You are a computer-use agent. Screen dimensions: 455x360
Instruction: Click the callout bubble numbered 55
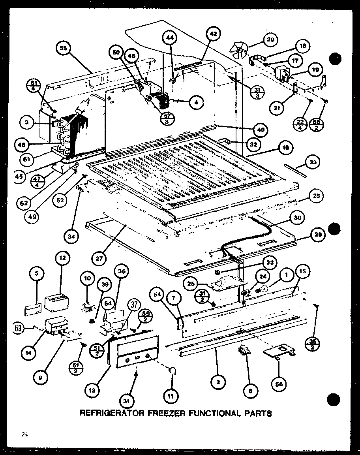coord(64,49)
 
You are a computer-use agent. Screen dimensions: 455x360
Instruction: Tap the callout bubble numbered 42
coord(213,35)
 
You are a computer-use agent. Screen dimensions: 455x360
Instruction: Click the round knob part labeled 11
coord(172,370)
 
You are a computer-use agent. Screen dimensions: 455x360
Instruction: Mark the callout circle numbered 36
coord(121,272)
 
